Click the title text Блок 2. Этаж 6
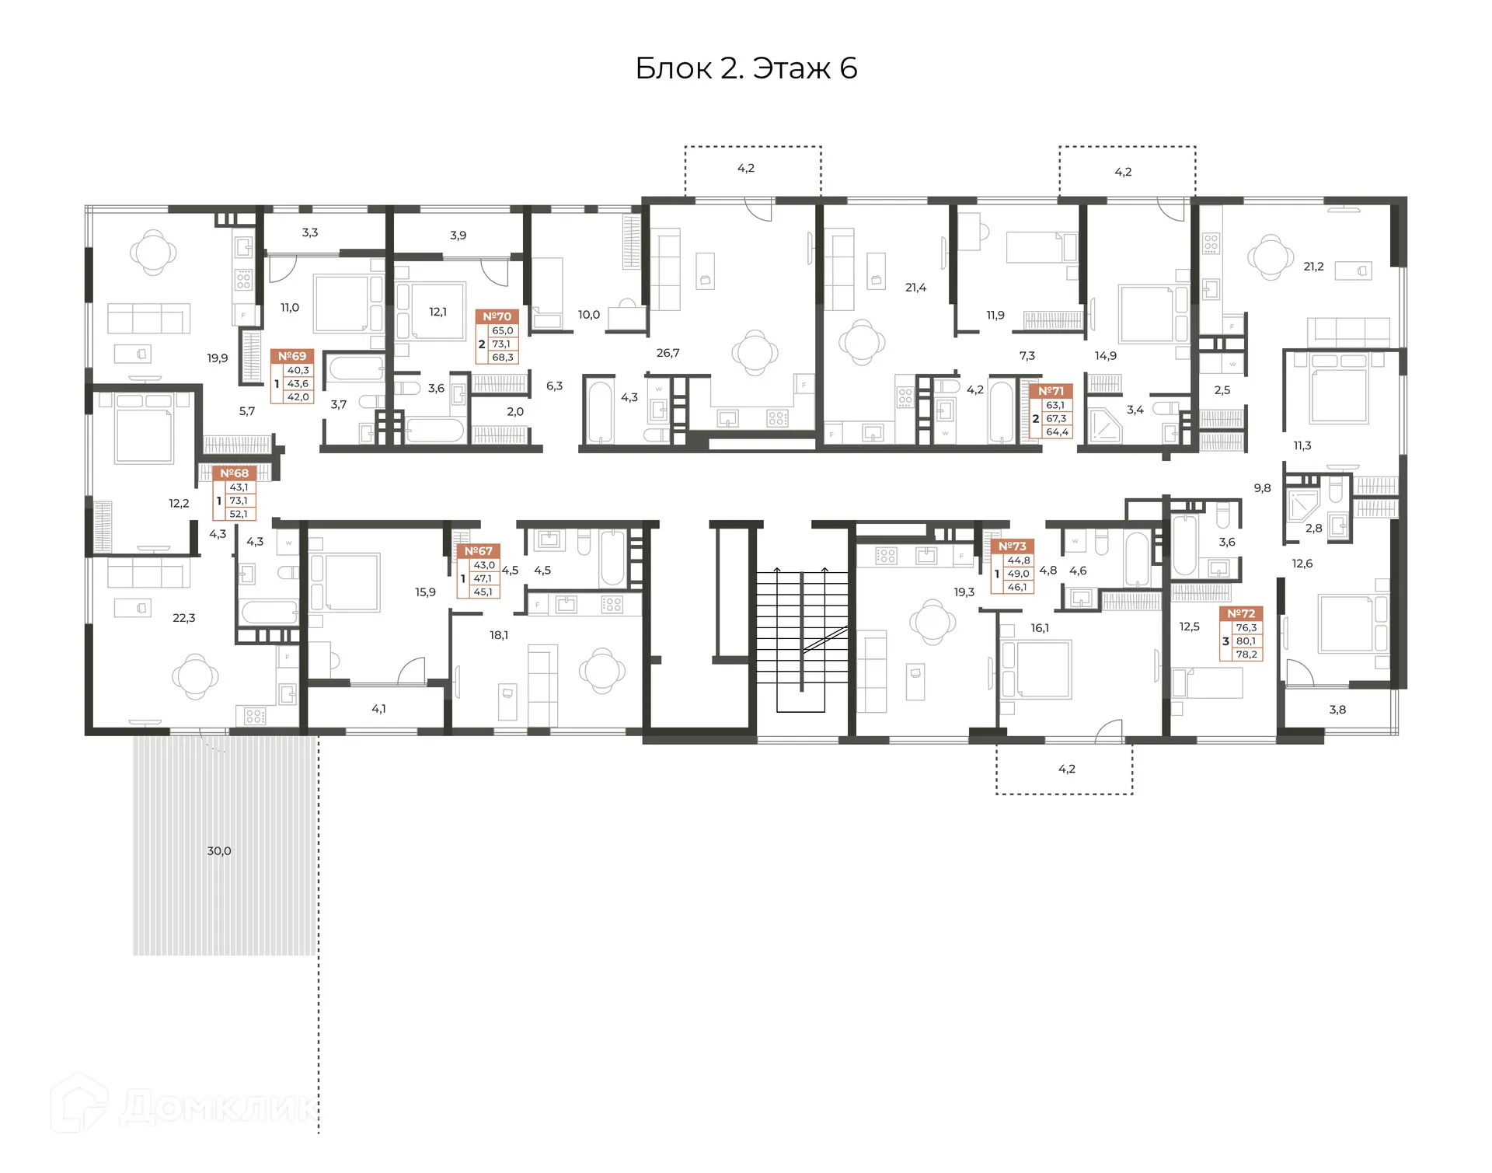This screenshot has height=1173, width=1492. [746, 68]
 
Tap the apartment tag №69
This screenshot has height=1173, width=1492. [292, 356]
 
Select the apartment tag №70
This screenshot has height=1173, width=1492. [497, 316]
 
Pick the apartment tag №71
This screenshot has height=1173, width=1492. [1051, 391]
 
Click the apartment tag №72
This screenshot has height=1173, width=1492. [1241, 613]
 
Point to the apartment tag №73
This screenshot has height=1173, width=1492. [1013, 546]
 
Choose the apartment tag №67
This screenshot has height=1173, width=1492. [479, 551]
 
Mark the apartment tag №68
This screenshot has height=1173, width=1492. [235, 473]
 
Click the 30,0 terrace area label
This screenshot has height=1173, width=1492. [219, 850]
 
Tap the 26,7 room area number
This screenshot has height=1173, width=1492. [668, 353]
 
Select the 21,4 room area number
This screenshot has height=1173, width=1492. [915, 288]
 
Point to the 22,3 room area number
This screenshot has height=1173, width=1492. [184, 618]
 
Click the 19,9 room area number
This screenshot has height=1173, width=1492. [218, 358]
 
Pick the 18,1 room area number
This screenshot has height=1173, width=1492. [499, 635]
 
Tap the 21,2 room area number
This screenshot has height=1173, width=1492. [1313, 267]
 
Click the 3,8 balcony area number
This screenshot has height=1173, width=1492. [1337, 710]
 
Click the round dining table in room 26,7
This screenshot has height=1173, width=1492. [755, 352]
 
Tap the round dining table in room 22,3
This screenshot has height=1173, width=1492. [194, 676]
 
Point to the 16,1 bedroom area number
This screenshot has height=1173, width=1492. [1040, 628]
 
